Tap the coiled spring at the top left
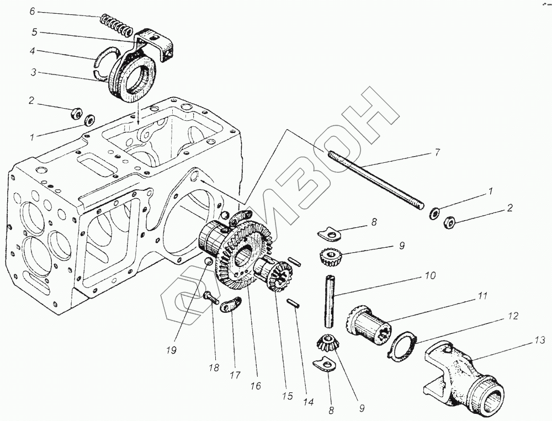point(116,24)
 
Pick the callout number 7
point(437,152)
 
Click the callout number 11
point(482,296)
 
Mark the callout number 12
point(513,317)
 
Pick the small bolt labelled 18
point(211,297)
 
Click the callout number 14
point(309,402)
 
